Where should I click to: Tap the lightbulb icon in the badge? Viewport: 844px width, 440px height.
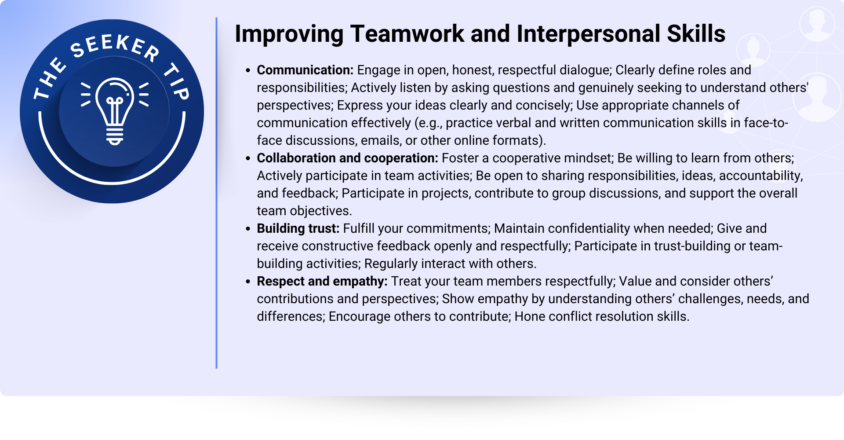[115, 111]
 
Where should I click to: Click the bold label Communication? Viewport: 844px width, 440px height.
[305, 70]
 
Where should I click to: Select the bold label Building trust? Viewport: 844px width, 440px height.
[298, 228]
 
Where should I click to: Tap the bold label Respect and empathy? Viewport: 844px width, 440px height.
[322, 281]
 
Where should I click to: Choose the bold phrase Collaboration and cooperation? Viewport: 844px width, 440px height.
[347, 158]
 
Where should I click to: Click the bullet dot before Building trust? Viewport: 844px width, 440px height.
[248, 229]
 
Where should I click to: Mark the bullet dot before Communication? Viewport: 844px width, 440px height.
[248, 70]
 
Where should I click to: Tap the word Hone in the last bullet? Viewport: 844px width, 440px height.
[530, 316]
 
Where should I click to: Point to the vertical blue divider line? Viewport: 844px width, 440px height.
[216, 193]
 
